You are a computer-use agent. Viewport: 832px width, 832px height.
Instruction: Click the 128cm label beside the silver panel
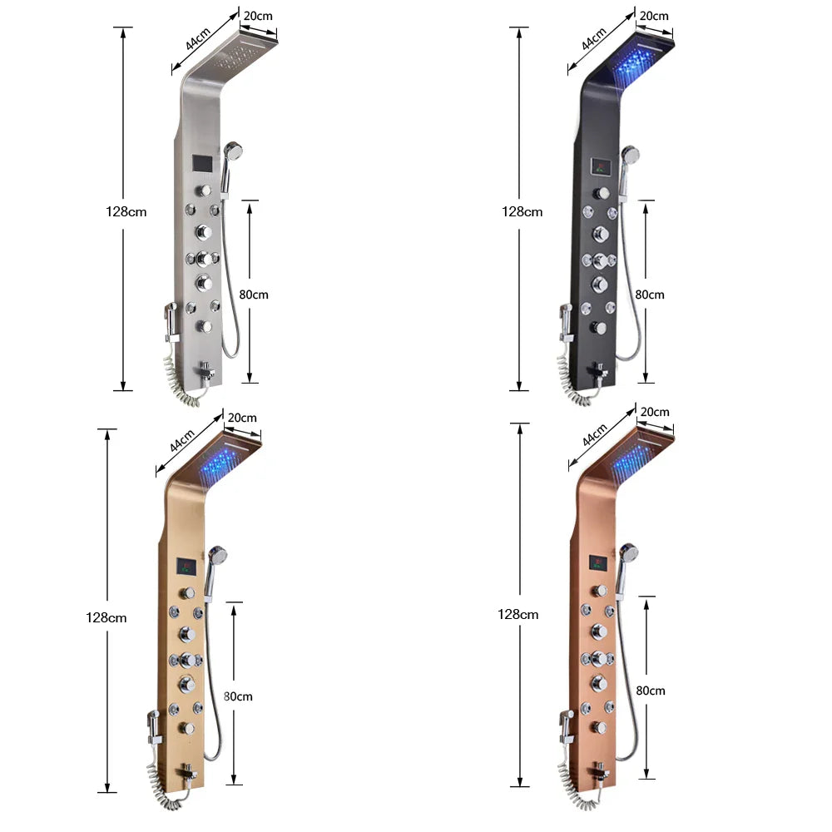pyautogui.click(x=126, y=211)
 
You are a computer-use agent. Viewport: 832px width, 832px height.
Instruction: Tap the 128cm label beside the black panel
pyautogui.click(x=522, y=211)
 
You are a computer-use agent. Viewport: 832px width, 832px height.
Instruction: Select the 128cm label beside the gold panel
pyautogui.click(x=106, y=617)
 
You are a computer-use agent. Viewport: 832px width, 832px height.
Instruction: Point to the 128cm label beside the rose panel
pyautogui.click(x=518, y=614)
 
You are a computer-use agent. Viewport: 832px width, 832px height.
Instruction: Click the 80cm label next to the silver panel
pyautogui.click(x=254, y=294)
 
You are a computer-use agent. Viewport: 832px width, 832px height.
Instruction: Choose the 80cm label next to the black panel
pyautogui.click(x=650, y=294)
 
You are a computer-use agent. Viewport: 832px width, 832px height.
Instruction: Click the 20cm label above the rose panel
pyautogui.click(x=655, y=412)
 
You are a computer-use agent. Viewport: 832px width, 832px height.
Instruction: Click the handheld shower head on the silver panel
pyautogui.click(x=232, y=152)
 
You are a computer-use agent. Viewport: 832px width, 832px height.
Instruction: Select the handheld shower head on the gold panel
pyautogui.click(x=218, y=554)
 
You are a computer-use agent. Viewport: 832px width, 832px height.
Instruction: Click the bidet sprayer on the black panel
pyautogui.click(x=566, y=320)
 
